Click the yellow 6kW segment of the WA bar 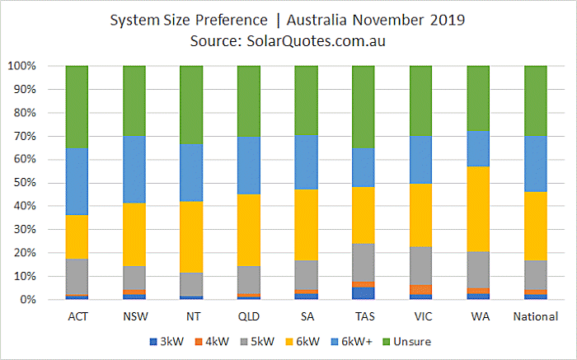coord(478,209)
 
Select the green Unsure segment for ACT coord(77,107)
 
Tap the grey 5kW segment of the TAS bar coord(364,263)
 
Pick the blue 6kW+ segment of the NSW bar coord(134,170)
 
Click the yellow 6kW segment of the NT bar coord(191,236)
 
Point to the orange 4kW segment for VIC coord(420,290)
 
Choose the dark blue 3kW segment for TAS coord(364,293)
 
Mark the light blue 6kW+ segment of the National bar coord(536,164)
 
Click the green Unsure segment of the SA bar coord(306,101)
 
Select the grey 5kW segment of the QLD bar coord(249,280)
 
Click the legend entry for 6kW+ coord(352,342)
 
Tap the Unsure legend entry coord(407,342)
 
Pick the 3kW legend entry coord(167,342)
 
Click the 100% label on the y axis coord(22,66)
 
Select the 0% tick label coord(27,300)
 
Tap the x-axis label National coord(536,316)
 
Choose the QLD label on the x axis coord(249,316)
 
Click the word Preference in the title coord(231,21)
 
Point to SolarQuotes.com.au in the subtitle coord(316,41)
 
